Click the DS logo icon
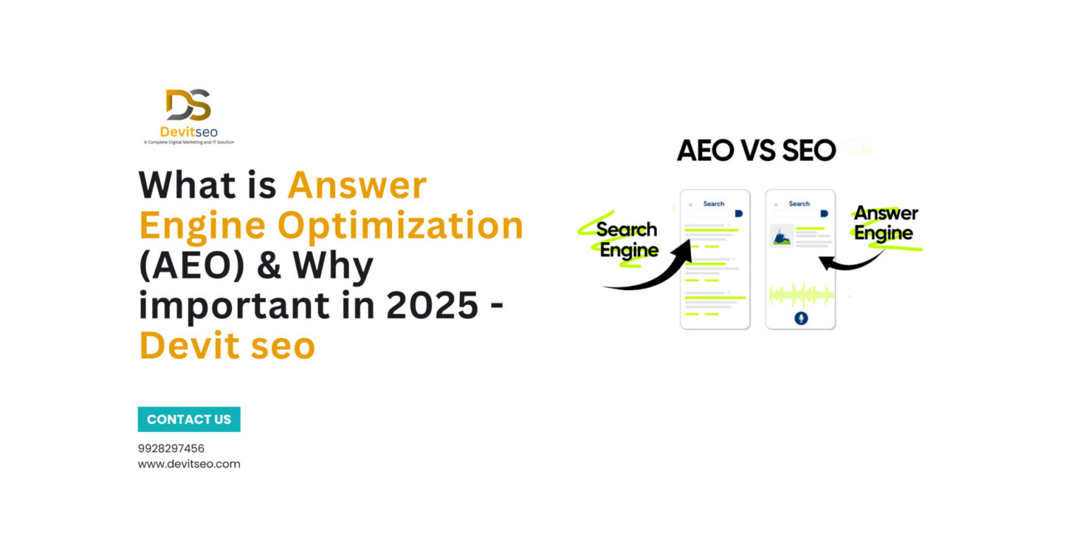click(x=188, y=105)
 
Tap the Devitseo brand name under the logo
click(x=188, y=132)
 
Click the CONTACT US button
click(x=189, y=419)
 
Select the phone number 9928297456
click(x=171, y=448)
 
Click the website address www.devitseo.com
click(x=189, y=464)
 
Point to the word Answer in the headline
click(x=357, y=186)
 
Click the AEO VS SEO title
click(x=756, y=150)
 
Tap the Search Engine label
click(x=628, y=240)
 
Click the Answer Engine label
click(x=886, y=223)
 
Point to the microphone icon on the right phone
click(x=800, y=318)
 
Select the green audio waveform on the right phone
click(x=800, y=294)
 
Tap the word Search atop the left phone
click(x=714, y=204)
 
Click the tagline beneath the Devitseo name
click(x=188, y=143)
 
